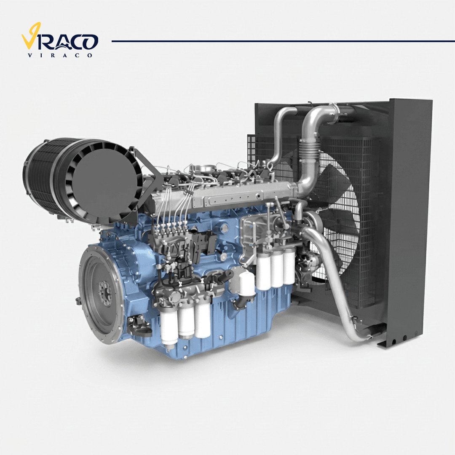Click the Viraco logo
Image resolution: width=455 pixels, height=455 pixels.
[x=60, y=40]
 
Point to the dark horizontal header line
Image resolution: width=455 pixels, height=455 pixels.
[x=283, y=41]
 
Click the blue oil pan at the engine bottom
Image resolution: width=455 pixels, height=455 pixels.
[x=232, y=325]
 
